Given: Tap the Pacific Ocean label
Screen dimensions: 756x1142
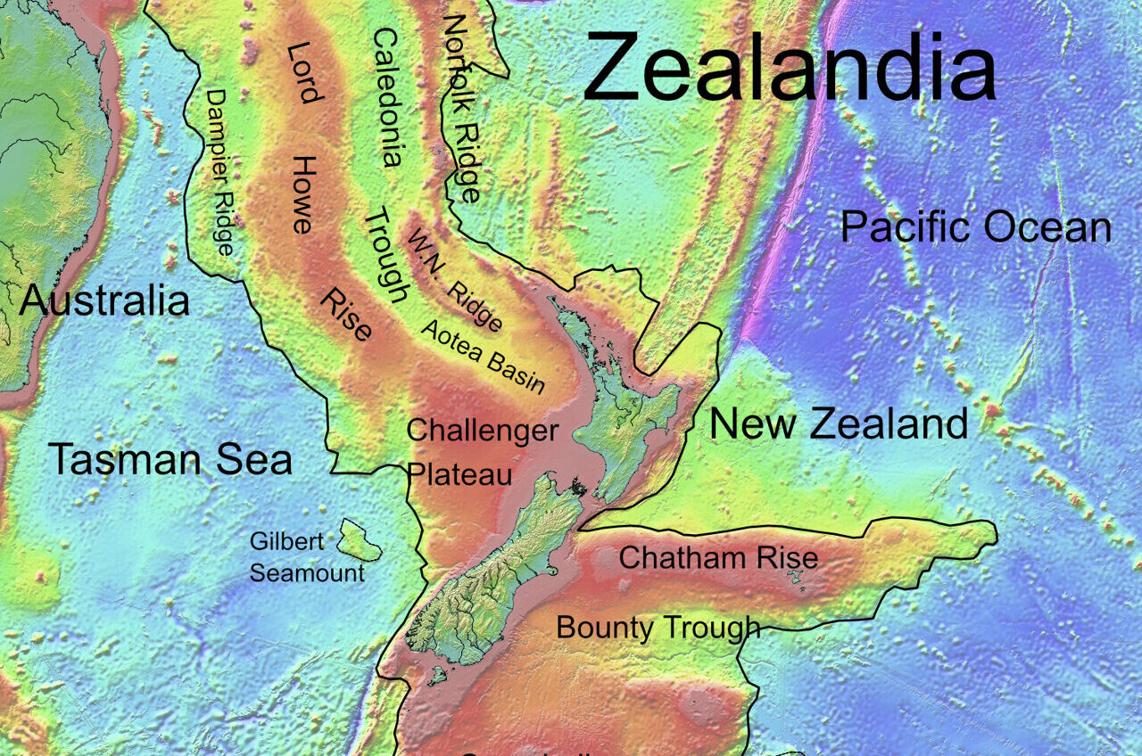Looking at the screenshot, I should point(975,227).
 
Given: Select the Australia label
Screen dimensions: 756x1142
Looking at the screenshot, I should point(104,301).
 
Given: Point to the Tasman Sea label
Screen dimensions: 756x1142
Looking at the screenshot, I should point(170,459).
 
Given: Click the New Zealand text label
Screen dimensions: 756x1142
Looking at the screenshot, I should point(838,423).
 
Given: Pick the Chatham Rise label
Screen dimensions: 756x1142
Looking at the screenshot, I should point(718,558).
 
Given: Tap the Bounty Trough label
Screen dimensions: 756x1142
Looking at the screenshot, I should point(658,628).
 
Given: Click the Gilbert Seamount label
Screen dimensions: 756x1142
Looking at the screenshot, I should point(307,557).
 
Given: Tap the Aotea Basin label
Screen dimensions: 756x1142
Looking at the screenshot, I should point(483,356).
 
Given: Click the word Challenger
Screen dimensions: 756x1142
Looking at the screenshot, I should point(483,431).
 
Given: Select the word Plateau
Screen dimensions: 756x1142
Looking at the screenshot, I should point(460,474).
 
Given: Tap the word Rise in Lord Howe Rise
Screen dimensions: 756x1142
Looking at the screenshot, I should point(345,315).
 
